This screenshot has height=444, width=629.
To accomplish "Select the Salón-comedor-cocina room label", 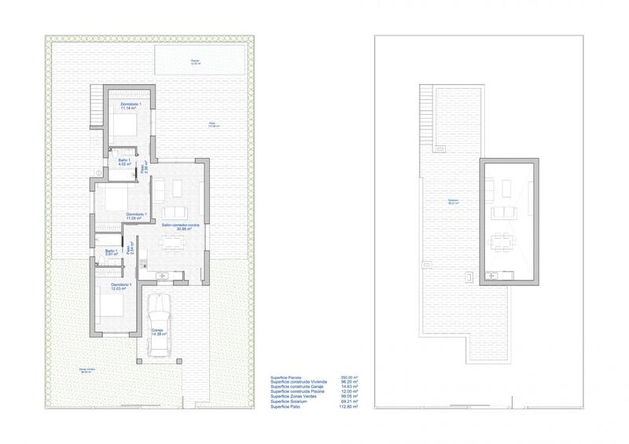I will (182, 227).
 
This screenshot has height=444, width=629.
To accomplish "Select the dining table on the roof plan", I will (499, 239).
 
